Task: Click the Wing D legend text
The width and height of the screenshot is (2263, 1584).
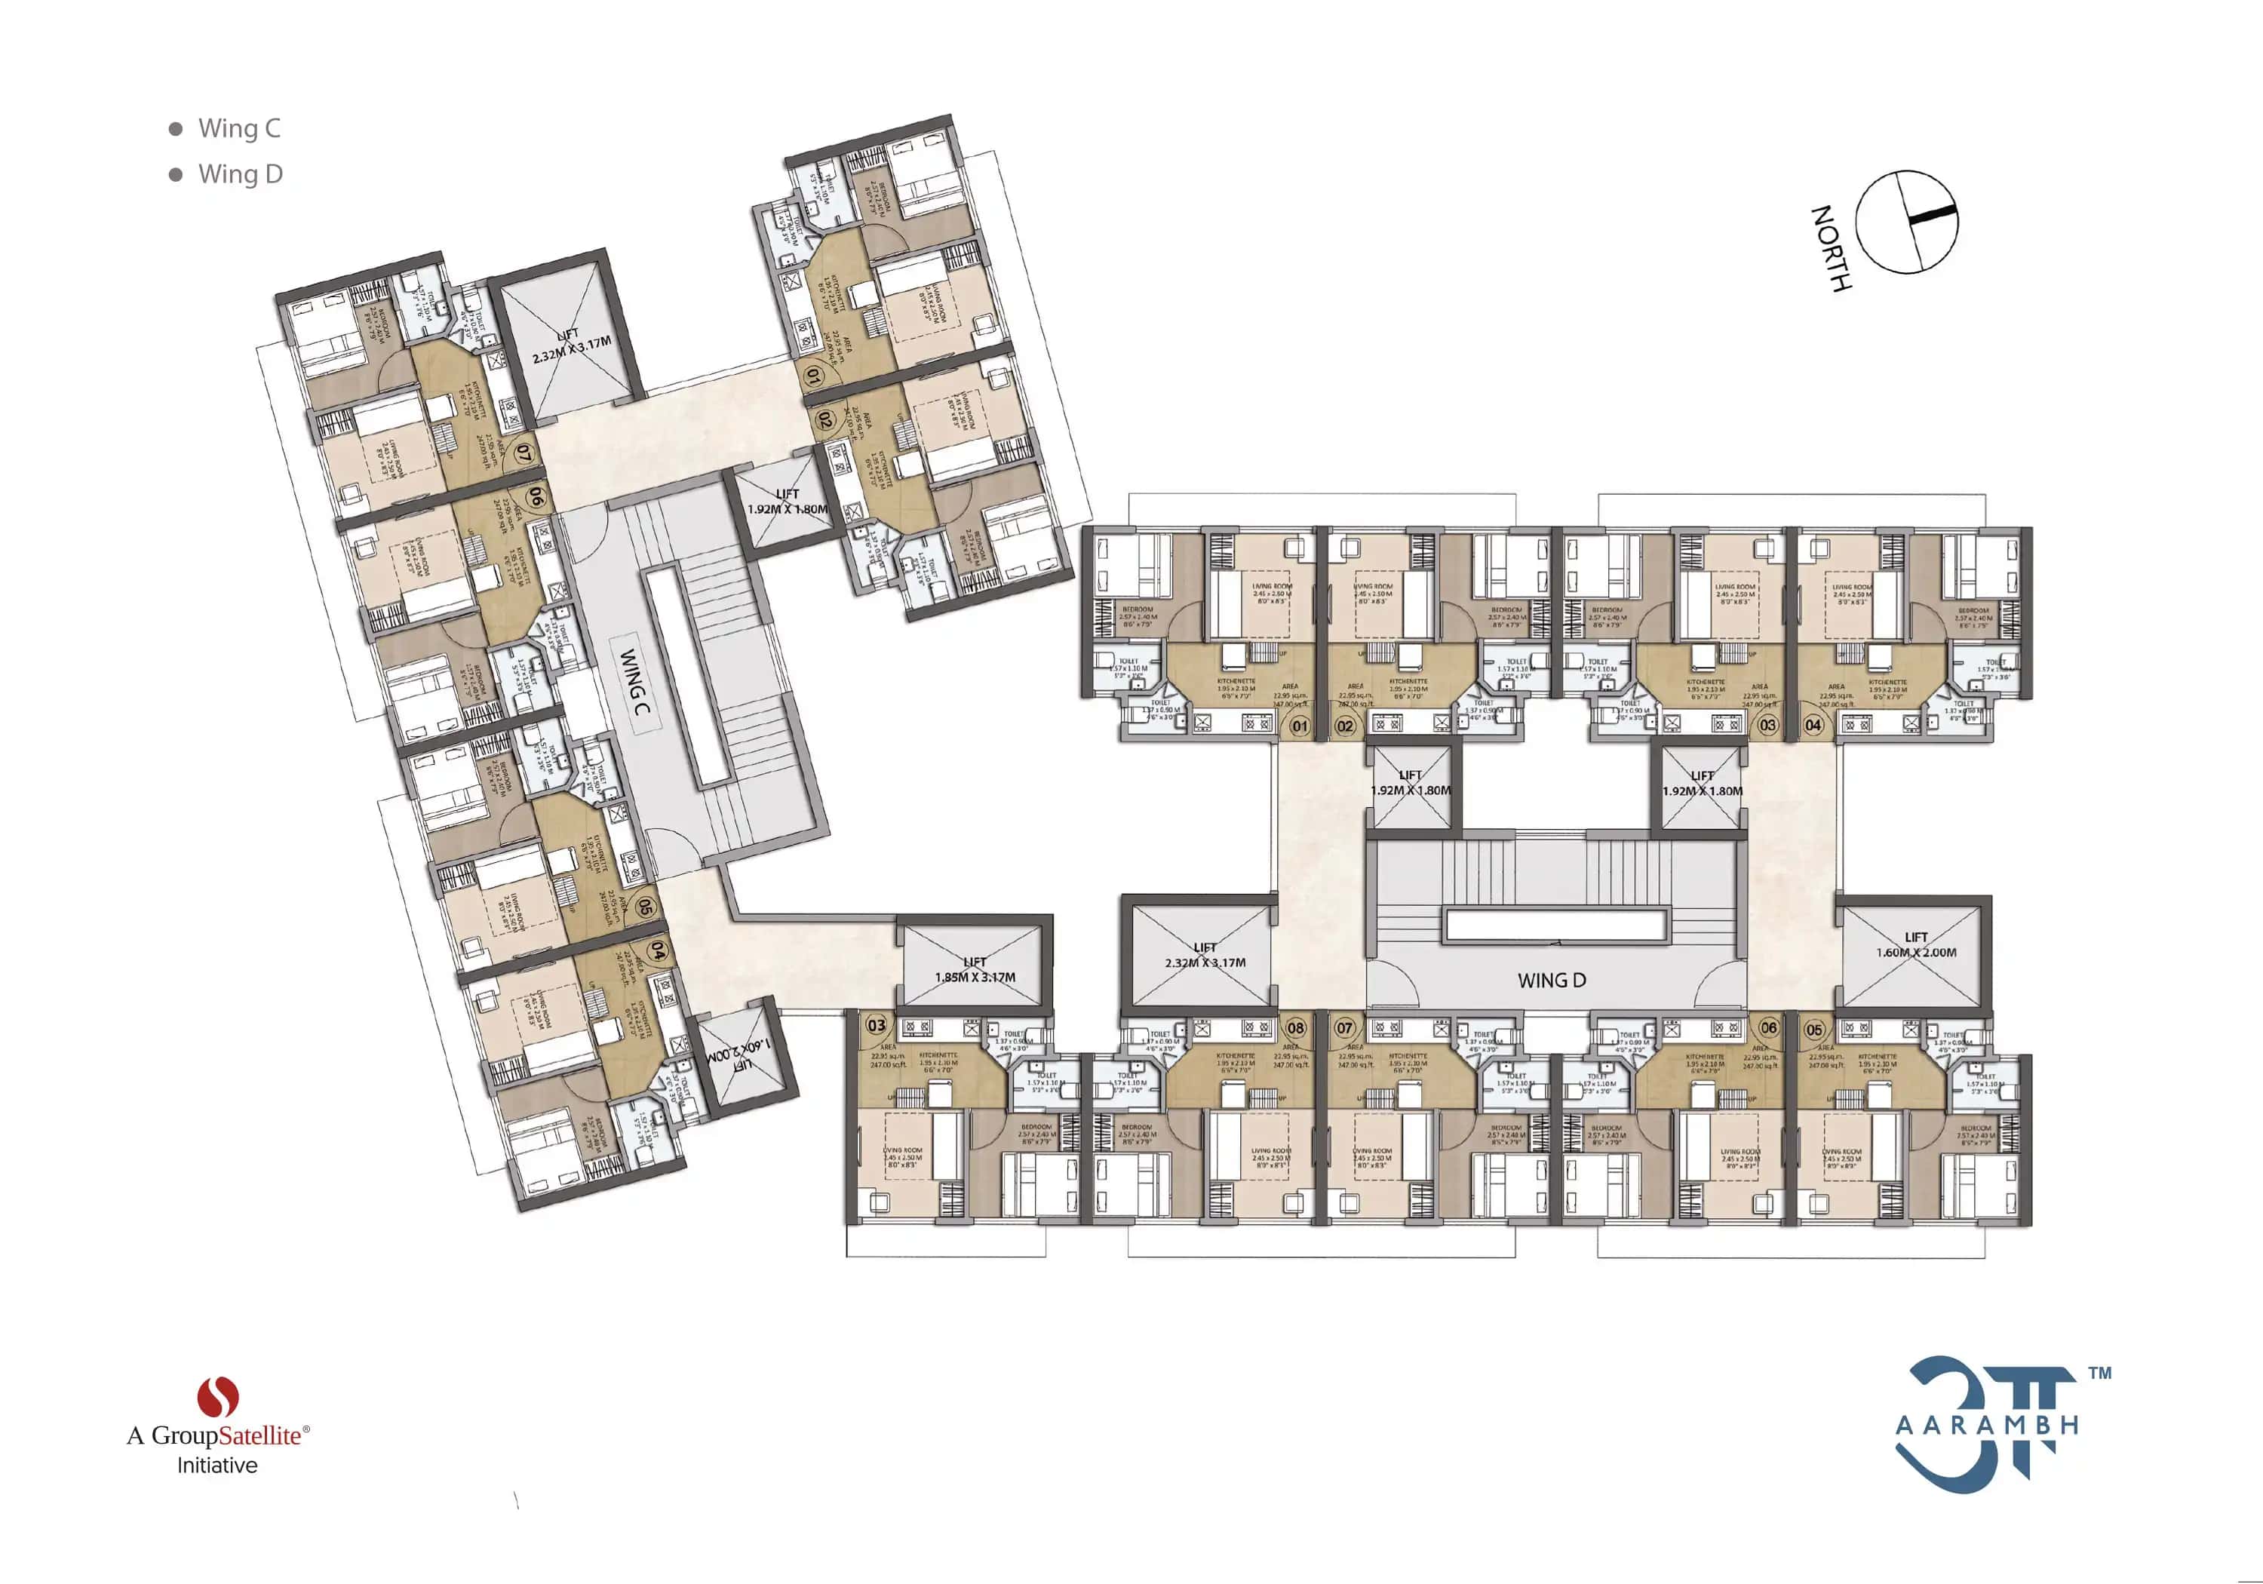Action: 241,174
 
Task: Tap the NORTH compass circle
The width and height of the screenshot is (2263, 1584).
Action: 1906,222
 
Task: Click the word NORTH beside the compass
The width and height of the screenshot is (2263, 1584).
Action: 1832,248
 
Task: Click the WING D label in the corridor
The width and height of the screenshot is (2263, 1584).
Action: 1552,980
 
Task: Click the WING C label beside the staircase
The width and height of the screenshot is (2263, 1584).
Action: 636,681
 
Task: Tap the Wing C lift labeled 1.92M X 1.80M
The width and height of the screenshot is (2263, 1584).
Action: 787,502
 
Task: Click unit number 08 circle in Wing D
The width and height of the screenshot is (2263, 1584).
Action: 1295,1028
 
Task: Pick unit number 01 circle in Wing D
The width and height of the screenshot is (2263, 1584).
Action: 1299,726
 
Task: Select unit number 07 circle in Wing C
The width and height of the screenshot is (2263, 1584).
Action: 524,454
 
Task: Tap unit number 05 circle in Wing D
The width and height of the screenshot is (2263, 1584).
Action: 1814,1030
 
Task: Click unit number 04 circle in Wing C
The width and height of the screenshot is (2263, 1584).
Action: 659,952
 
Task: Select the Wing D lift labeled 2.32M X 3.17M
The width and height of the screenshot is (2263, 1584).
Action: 1205,954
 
